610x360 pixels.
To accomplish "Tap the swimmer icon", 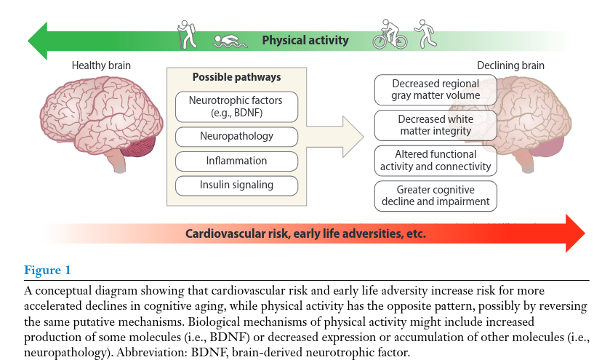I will (x=230, y=41).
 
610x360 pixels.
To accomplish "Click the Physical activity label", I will (x=305, y=40).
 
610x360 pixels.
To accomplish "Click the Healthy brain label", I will (x=101, y=65).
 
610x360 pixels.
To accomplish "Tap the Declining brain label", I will (x=510, y=65).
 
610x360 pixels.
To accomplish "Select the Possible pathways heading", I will (x=236, y=77).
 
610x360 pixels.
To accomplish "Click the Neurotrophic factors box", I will (x=236, y=107).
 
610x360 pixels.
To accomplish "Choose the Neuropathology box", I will (x=236, y=136).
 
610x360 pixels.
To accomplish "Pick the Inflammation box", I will (x=236, y=161).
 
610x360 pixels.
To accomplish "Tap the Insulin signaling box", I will (x=236, y=185).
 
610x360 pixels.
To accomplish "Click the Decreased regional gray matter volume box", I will (x=436, y=89).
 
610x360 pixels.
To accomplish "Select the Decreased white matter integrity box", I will (x=436, y=125).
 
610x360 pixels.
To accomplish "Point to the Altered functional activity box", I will (x=436, y=160).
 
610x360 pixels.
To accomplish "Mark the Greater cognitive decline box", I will (x=436, y=196).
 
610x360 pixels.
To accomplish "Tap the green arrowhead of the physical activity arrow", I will (x=36, y=40).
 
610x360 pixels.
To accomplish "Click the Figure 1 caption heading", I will (x=47, y=271).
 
